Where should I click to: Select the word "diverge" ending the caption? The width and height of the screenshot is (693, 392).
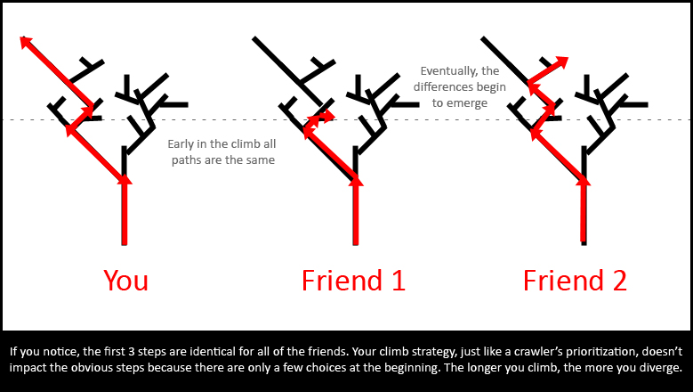[659, 368]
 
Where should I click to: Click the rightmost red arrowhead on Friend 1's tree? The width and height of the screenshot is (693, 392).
[331, 116]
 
